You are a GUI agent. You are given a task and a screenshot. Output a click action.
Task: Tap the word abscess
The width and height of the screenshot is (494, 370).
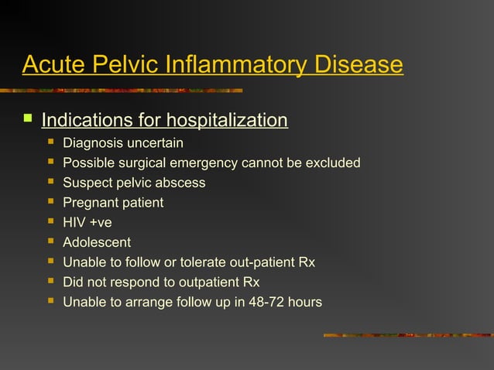[180, 183]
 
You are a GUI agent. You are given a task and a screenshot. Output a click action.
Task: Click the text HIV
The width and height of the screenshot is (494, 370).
[75, 223]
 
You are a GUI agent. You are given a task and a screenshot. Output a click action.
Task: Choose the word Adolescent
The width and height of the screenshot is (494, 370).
[97, 243]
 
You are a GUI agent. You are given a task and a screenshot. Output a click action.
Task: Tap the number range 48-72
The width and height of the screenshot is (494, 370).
[258, 302]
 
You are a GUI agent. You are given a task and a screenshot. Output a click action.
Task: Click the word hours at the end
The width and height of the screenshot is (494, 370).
[304, 302]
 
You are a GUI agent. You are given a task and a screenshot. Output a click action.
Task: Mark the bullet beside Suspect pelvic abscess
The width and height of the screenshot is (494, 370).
[51, 183]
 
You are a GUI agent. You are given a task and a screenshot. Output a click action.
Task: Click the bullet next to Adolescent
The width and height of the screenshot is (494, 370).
[51, 242]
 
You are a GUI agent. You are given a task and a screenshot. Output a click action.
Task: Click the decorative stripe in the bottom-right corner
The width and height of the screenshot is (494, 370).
[407, 335]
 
